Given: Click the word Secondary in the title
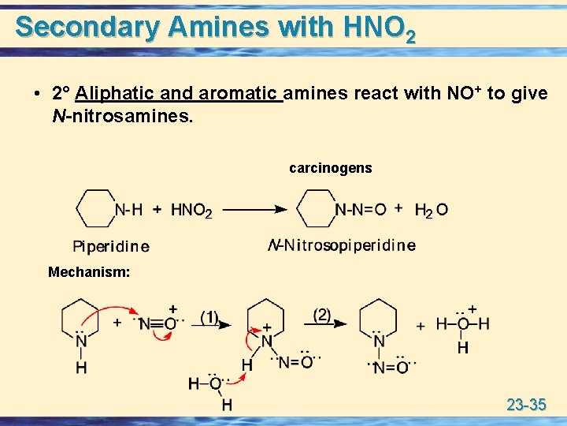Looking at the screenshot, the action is click(88, 27).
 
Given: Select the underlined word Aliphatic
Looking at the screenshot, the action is click(115, 94).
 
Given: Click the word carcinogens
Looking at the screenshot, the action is click(331, 168).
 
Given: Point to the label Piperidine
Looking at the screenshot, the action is click(110, 246).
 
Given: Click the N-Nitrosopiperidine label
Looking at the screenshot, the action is click(342, 245).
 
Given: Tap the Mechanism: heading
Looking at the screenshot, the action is click(89, 272).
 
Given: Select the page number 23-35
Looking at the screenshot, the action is click(526, 405).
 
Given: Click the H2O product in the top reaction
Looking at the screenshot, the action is click(432, 210).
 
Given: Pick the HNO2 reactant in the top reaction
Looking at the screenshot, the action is click(191, 211).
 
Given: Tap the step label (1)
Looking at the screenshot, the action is click(209, 317).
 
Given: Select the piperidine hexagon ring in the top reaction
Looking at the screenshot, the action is click(95, 208).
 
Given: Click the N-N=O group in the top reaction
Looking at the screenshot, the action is click(361, 209).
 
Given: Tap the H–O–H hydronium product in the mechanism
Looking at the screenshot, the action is click(463, 324).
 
